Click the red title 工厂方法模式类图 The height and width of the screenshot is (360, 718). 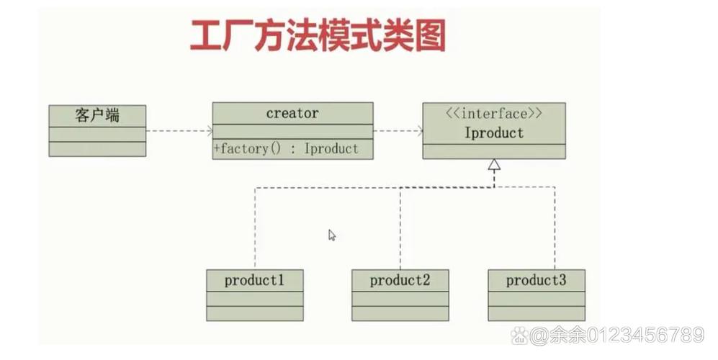[318, 36]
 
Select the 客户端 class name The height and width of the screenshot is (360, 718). [97, 115]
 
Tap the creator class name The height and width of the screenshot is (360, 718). [292, 113]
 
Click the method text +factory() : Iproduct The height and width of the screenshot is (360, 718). [286, 149]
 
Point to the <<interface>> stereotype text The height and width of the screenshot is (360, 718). [493, 113]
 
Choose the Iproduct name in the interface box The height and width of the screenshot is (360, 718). [493, 133]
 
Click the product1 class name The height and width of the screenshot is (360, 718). [254, 280]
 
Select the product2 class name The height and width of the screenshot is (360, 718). [400, 280]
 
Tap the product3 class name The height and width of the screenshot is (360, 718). [536, 280]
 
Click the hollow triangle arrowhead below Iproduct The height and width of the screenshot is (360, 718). [493, 165]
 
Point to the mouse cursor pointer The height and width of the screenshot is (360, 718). [331, 235]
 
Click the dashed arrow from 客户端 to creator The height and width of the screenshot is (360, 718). [179, 130]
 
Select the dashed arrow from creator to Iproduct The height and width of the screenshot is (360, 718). [398, 130]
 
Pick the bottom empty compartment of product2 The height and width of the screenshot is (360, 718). [400, 313]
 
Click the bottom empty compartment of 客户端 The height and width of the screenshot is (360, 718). [97, 149]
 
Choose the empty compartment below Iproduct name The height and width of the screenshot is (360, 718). [493, 150]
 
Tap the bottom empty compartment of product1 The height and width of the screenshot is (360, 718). [254, 313]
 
